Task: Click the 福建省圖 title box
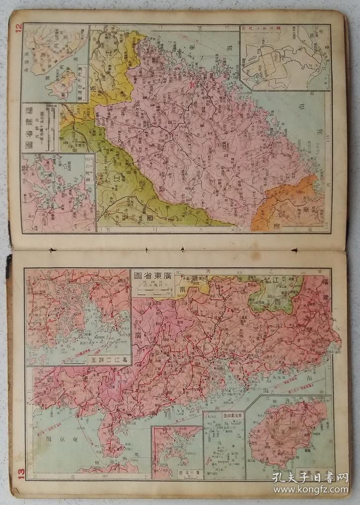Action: [40, 127]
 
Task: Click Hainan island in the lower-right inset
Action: [288, 432]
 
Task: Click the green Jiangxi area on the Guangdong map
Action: [276, 293]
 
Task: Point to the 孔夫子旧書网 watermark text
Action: [310, 477]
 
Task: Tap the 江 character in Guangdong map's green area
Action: [274, 282]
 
